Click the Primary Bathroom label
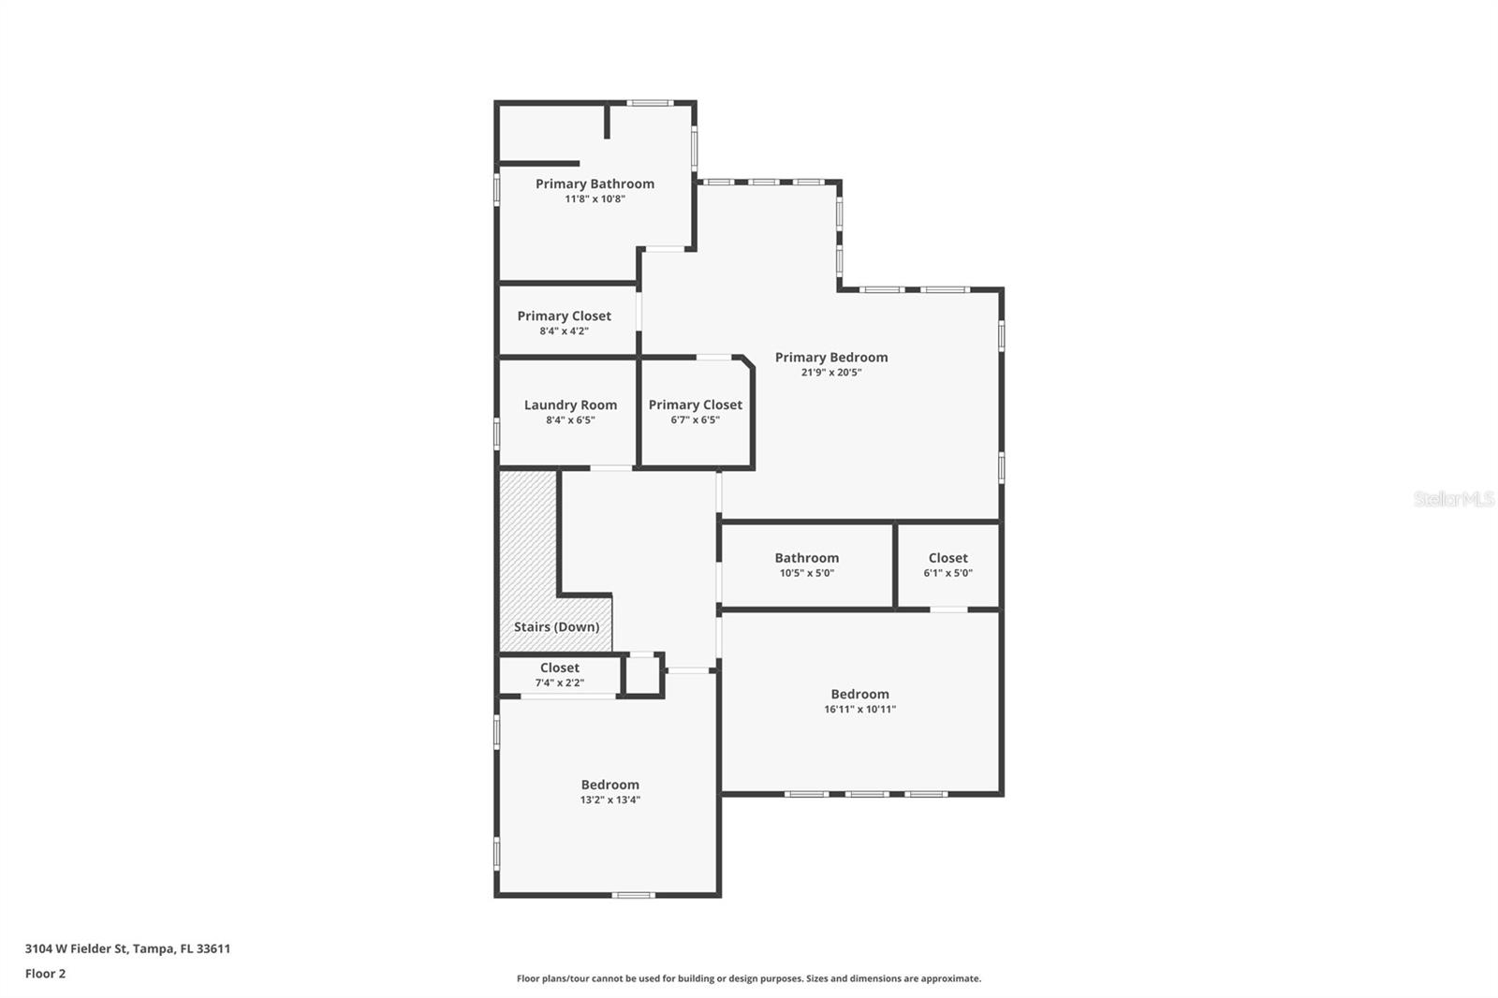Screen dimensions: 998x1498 click(595, 183)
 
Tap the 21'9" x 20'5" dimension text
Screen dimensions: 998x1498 click(830, 373)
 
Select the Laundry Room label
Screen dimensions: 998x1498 click(570, 404)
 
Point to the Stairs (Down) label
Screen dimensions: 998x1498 click(556, 627)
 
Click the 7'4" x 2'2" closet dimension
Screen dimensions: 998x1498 click(559, 683)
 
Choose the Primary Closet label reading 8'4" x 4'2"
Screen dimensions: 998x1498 click(564, 316)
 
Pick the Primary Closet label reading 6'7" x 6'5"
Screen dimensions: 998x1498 click(695, 404)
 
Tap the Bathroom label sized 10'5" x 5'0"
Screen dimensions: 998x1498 click(806, 558)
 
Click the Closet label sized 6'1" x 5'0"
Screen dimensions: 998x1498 click(947, 558)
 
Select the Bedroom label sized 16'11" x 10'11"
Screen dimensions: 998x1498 click(859, 695)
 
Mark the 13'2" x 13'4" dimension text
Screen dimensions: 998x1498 click(609, 800)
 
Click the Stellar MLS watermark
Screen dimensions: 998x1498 click(1453, 499)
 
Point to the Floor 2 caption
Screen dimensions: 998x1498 click(45, 974)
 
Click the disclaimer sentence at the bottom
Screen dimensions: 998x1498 click(749, 978)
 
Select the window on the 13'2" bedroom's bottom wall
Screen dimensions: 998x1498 click(633, 895)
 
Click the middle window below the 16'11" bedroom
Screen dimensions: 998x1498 click(866, 794)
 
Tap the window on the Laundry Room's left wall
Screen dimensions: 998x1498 click(496, 433)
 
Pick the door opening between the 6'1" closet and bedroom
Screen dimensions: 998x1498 click(947, 609)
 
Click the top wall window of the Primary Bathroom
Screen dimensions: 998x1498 click(649, 102)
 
